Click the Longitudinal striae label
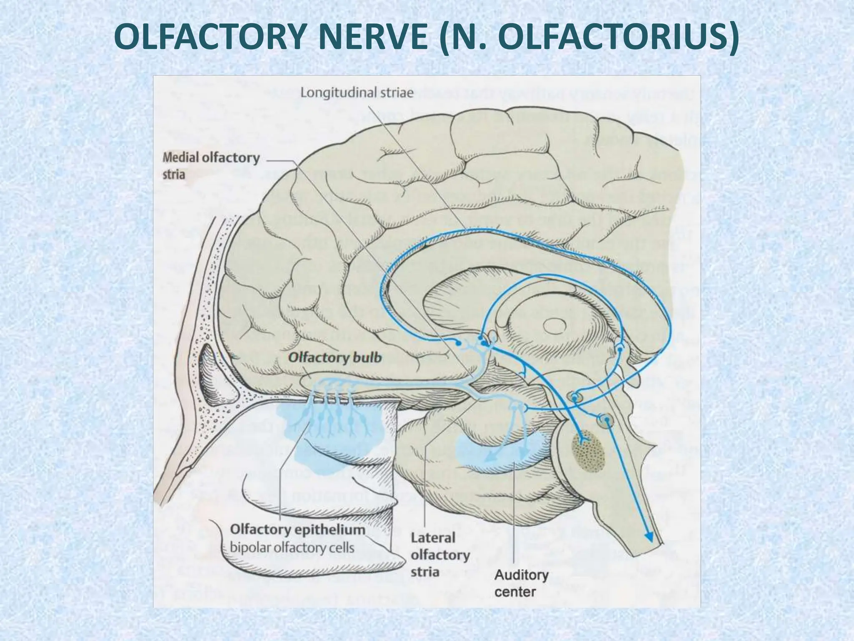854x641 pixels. (x=357, y=93)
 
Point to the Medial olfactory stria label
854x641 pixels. (x=211, y=165)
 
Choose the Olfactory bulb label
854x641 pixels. (x=335, y=358)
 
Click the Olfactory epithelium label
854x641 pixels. (x=298, y=530)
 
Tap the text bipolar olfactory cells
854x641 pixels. (x=292, y=547)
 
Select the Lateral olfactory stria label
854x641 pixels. (x=440, y=555)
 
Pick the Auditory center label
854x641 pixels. (x=521, y=583)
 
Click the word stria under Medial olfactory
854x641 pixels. (x=174, y=174)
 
